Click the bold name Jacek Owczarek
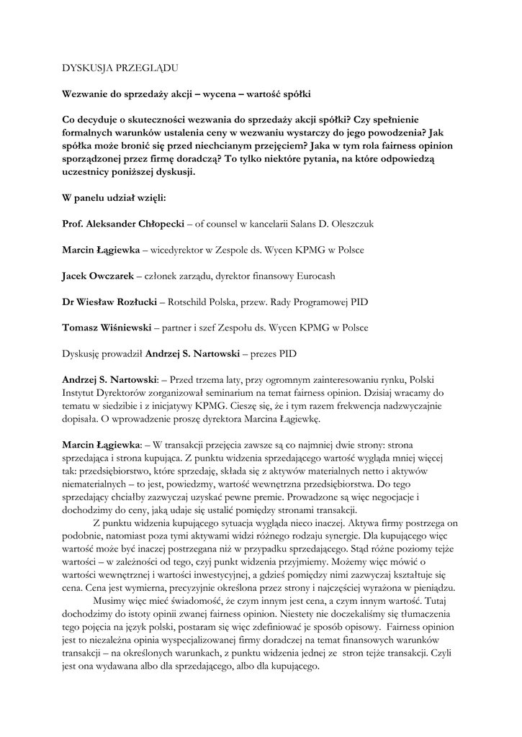(x=97, y=276)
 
